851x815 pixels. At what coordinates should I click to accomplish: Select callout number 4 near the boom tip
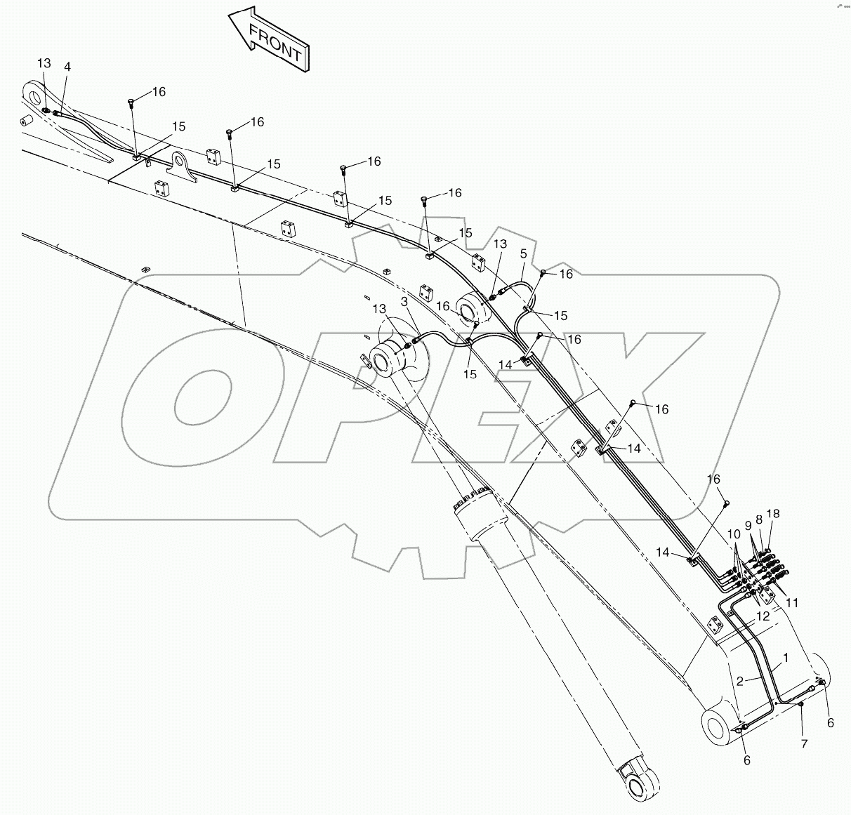67,67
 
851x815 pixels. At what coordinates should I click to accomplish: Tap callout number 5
523,254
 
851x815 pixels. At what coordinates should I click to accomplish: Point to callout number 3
404,301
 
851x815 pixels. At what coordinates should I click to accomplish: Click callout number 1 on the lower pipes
786,658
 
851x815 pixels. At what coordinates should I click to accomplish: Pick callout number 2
740,681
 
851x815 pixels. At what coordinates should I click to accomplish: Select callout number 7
805,743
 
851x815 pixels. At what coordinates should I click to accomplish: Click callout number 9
748,524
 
